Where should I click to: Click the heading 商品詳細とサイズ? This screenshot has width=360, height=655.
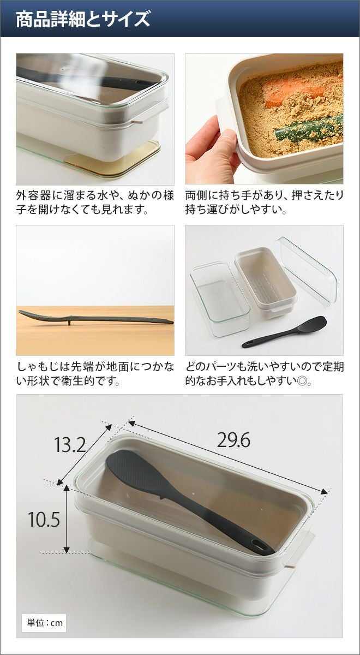coord(83,19)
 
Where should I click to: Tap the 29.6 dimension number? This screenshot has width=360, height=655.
coord(233,440)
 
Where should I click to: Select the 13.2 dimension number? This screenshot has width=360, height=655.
coord(70,444)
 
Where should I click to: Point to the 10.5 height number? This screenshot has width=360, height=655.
coord(44,519)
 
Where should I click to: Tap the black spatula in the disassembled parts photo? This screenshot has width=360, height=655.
coord(284,332)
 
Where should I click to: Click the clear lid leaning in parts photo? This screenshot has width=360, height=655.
coord(306,271)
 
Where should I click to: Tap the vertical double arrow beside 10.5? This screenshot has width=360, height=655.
coord(67,519)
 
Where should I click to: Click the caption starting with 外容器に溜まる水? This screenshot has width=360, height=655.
coord(95,202)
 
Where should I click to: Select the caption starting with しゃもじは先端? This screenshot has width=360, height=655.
coord(95,374)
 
